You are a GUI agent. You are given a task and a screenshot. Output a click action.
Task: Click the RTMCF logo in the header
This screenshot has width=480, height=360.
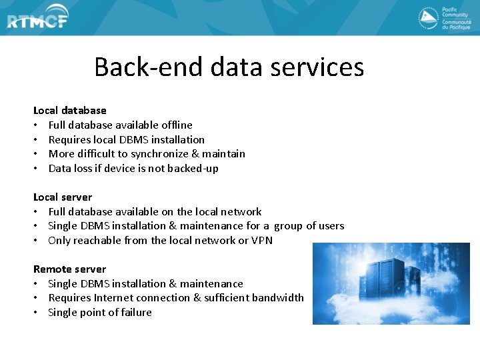[x=38, y=21]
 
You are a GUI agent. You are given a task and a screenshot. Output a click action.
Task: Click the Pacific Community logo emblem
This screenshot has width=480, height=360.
[x=428, y=18]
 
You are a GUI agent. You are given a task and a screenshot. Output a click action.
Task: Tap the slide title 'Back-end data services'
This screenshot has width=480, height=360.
[x=229, y=67]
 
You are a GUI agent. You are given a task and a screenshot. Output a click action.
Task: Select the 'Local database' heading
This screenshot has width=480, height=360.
[x=70, y=111]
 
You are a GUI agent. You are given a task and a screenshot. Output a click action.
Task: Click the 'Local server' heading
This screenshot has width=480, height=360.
[x=63, y=197]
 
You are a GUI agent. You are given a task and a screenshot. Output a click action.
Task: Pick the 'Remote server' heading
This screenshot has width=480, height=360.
[x=69, y=269]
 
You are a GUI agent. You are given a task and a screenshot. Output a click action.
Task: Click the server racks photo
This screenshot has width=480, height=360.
[x=391, y=283]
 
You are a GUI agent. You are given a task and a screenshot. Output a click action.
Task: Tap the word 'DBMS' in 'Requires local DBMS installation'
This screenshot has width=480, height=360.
[x=135, y=140]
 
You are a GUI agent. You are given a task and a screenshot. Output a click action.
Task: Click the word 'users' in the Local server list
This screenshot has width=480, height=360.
[x=331, y=226]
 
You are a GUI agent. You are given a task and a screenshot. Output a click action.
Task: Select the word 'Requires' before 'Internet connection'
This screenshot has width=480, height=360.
[x=69, y=298]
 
